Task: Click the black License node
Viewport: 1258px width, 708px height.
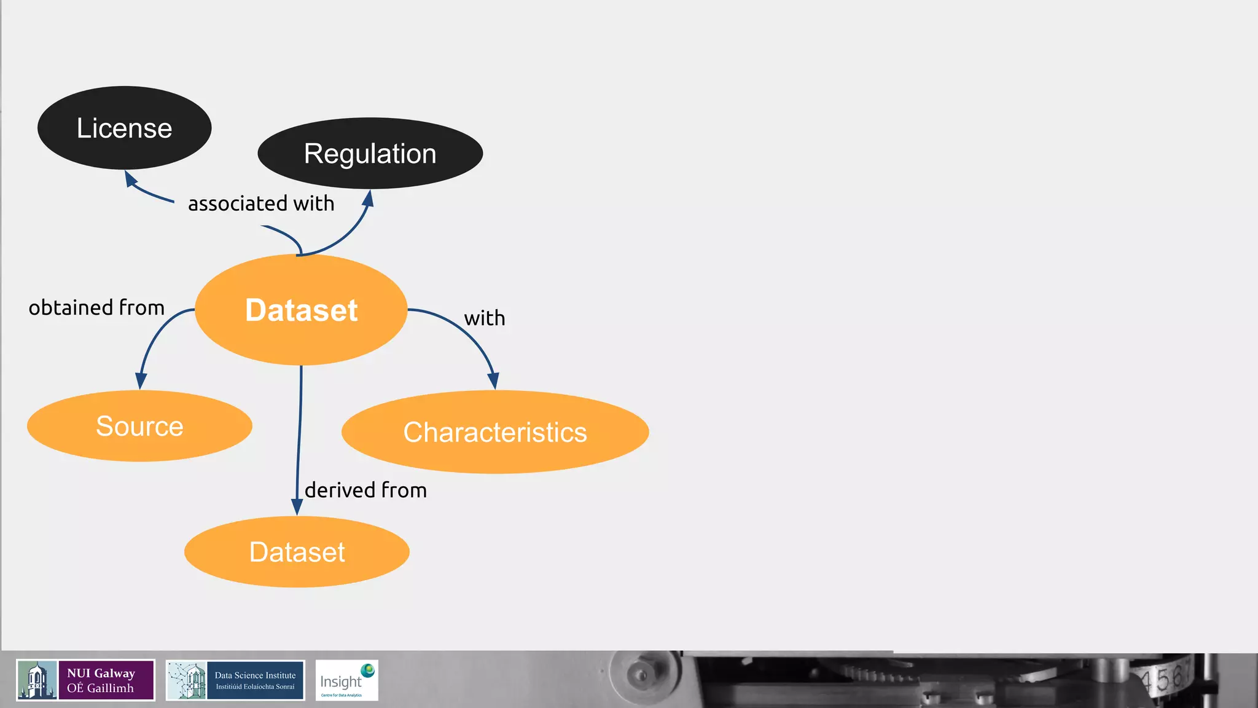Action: click(125, 128)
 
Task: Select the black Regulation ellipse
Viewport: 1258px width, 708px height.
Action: click(370, 153)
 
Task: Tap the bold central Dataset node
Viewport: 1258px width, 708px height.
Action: click(301, 310)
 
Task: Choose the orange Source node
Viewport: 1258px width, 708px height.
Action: click(139, 426)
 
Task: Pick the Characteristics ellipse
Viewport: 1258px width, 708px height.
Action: click(495, 432)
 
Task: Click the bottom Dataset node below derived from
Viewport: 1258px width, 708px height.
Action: click(297, 552)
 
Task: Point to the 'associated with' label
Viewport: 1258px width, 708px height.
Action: click(261, 203)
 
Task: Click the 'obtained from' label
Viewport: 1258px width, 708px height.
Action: click(96, 307)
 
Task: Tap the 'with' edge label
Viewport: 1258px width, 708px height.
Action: click(485, 318)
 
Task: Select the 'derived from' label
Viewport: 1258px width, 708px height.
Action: click(365, 490)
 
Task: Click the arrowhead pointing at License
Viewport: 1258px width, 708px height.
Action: click(130, 179)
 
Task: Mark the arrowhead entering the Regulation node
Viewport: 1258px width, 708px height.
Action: click(368, 199)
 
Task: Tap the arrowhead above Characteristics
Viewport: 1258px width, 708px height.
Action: click(493, 380)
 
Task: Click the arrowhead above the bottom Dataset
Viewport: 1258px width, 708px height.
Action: click(297, 506)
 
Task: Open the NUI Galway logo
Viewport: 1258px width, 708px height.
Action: click(85, 680)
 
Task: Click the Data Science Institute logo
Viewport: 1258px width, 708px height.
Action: click(235, 680)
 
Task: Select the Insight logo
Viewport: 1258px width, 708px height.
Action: click(346, 680)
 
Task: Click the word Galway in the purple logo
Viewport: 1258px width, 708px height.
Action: click(114, 674)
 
